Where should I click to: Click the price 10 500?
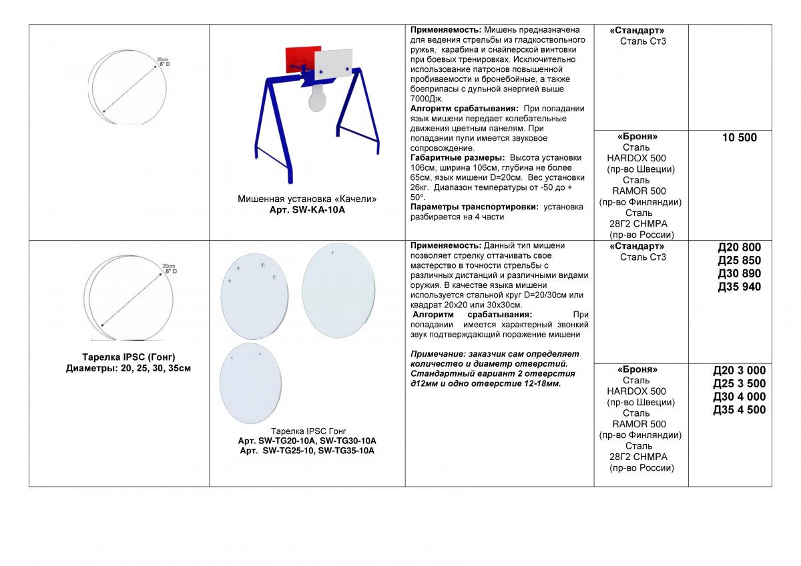tap(739, 138)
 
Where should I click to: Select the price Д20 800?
tap(739, 247)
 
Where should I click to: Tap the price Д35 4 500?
tap(739, 410)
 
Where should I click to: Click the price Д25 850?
tap(739, 261)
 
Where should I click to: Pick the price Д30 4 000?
tap(739, 397)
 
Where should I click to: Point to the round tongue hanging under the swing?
tap(316, 103)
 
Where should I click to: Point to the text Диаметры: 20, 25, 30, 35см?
tap(128, 368)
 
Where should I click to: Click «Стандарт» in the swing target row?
tap(637, 31)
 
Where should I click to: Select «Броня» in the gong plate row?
tap(637, 369)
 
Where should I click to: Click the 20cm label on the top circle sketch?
tap(161, 59)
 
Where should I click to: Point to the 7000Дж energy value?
tap(425, 98)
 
